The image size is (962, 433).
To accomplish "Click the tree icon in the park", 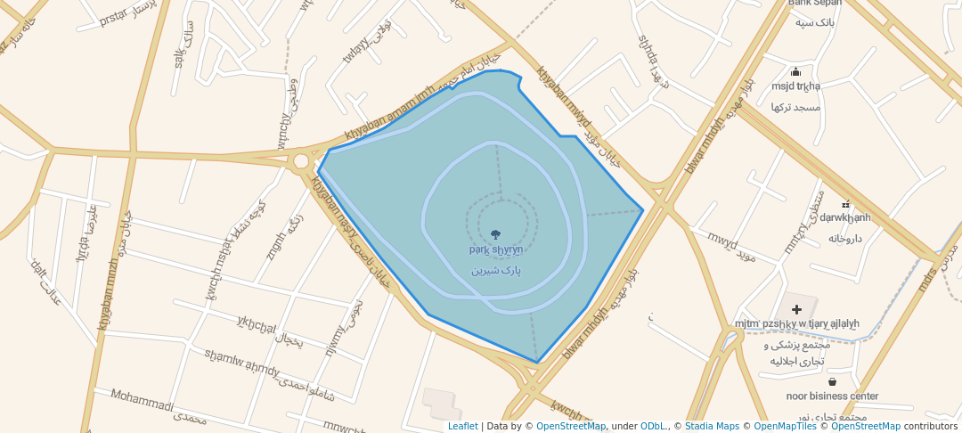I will point(495,235).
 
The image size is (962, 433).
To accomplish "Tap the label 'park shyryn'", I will point(495,250).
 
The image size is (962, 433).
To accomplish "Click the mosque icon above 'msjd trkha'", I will point(795,72).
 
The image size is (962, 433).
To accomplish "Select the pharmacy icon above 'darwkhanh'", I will point(845,204).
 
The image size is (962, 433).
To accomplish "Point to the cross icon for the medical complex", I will point(796,309).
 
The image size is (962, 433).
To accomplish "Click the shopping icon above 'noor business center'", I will point(832,381).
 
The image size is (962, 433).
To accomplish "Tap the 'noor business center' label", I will point(832,396).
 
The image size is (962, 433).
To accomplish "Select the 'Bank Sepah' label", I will point(814,3).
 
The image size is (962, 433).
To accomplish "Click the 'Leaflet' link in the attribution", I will point(462,426).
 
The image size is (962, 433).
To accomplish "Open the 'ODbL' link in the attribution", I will point(653,426).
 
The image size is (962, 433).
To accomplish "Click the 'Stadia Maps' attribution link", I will point(712,426).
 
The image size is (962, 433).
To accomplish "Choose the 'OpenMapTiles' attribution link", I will point(781,426).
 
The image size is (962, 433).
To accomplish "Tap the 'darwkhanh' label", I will point(845,217).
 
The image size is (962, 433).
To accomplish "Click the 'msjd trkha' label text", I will point(795,86).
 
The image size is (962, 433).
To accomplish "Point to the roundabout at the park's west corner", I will point(300,161).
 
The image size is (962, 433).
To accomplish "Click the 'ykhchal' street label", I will point(257,323).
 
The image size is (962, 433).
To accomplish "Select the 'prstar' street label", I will point(115,17).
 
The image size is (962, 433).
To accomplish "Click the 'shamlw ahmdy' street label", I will point(241,364).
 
